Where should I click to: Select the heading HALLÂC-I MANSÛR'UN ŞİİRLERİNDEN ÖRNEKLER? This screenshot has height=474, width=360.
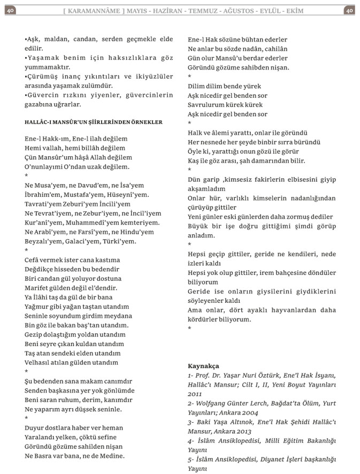(94, 122)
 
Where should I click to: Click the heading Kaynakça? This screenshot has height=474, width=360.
(203, 366)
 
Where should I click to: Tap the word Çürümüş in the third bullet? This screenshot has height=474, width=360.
(43, 77)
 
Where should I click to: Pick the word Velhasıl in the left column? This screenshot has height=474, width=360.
(39, 362)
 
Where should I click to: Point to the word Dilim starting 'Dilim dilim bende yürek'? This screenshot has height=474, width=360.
(197, 86)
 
